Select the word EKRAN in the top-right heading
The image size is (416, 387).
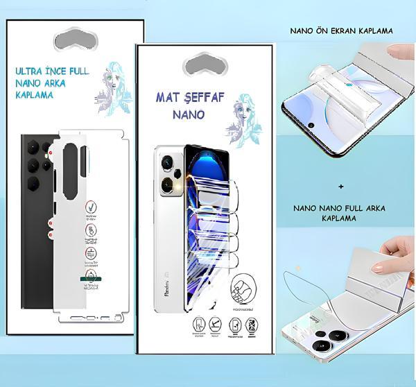click(343, 31)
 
